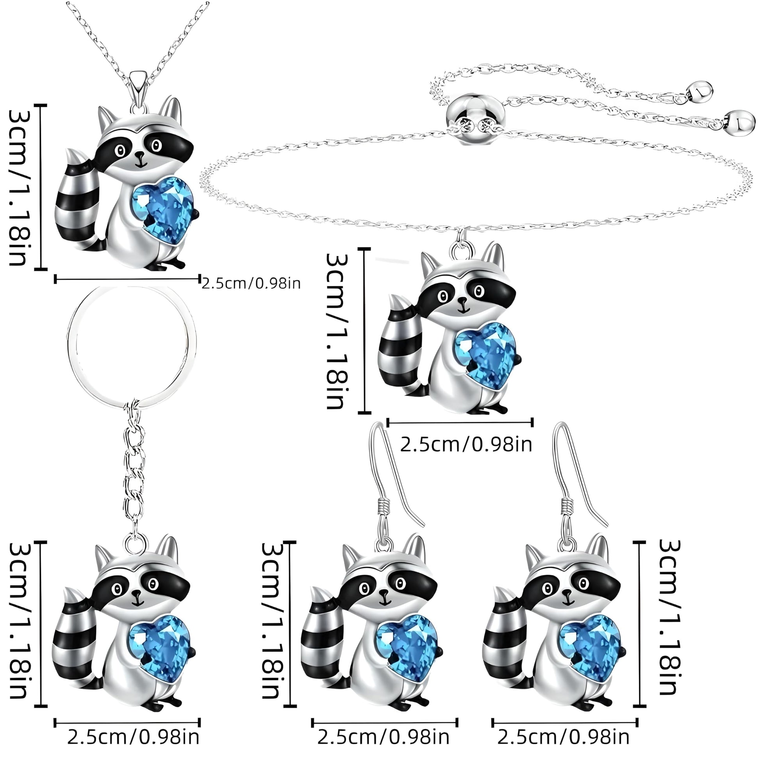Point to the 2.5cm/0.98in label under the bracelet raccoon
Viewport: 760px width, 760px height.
pyautogui.click(x=466, y=445)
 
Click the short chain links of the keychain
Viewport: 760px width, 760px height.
pyautogui.click(x=133, y=472)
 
